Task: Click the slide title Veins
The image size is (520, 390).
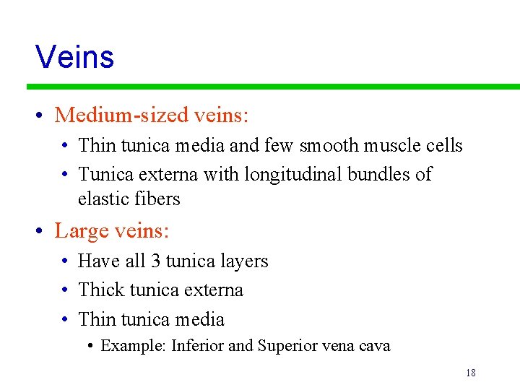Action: (x=74, y=56)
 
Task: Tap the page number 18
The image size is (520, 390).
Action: (x=470, y=373)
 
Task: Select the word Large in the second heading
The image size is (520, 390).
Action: (x=80, y=231)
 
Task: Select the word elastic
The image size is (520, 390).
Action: (x=103, y=199)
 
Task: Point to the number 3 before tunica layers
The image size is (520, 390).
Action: (x=155, y=261)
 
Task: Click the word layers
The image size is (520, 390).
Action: (x=243, y=261)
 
